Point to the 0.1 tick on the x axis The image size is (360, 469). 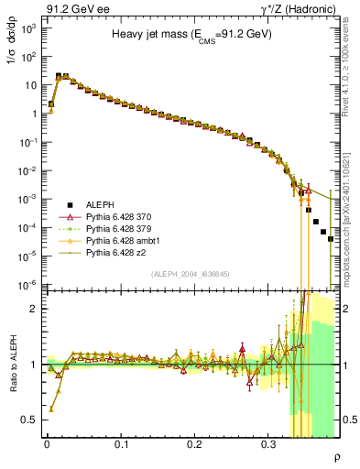click(x=121, y=442)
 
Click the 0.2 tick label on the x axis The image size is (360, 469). click(x=194, y=442)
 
